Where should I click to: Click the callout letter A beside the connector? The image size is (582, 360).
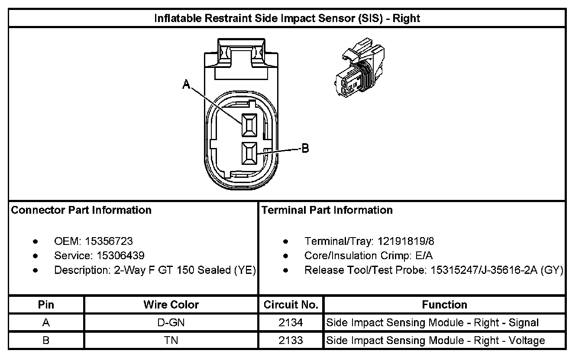(187, 85)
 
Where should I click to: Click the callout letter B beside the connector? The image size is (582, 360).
(305, 148)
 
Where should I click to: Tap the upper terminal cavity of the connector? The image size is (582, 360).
(249, 125)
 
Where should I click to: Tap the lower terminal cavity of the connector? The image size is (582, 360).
(249, 153)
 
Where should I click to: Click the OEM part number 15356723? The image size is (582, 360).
(109, 241)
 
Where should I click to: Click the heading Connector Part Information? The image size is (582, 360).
(81, 210)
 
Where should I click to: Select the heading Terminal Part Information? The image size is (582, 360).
(327, 210)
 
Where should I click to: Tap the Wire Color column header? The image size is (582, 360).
(171, 305)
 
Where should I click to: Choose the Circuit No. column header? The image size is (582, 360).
(291, 305)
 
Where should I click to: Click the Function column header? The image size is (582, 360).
(444, 305)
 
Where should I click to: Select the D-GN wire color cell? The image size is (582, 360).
(171, 323)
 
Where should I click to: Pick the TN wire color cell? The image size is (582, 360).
(171, 341)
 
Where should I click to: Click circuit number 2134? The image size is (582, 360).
(291, 323)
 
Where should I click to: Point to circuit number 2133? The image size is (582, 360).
(291, 341)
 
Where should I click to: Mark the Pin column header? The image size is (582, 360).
(46, 305)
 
